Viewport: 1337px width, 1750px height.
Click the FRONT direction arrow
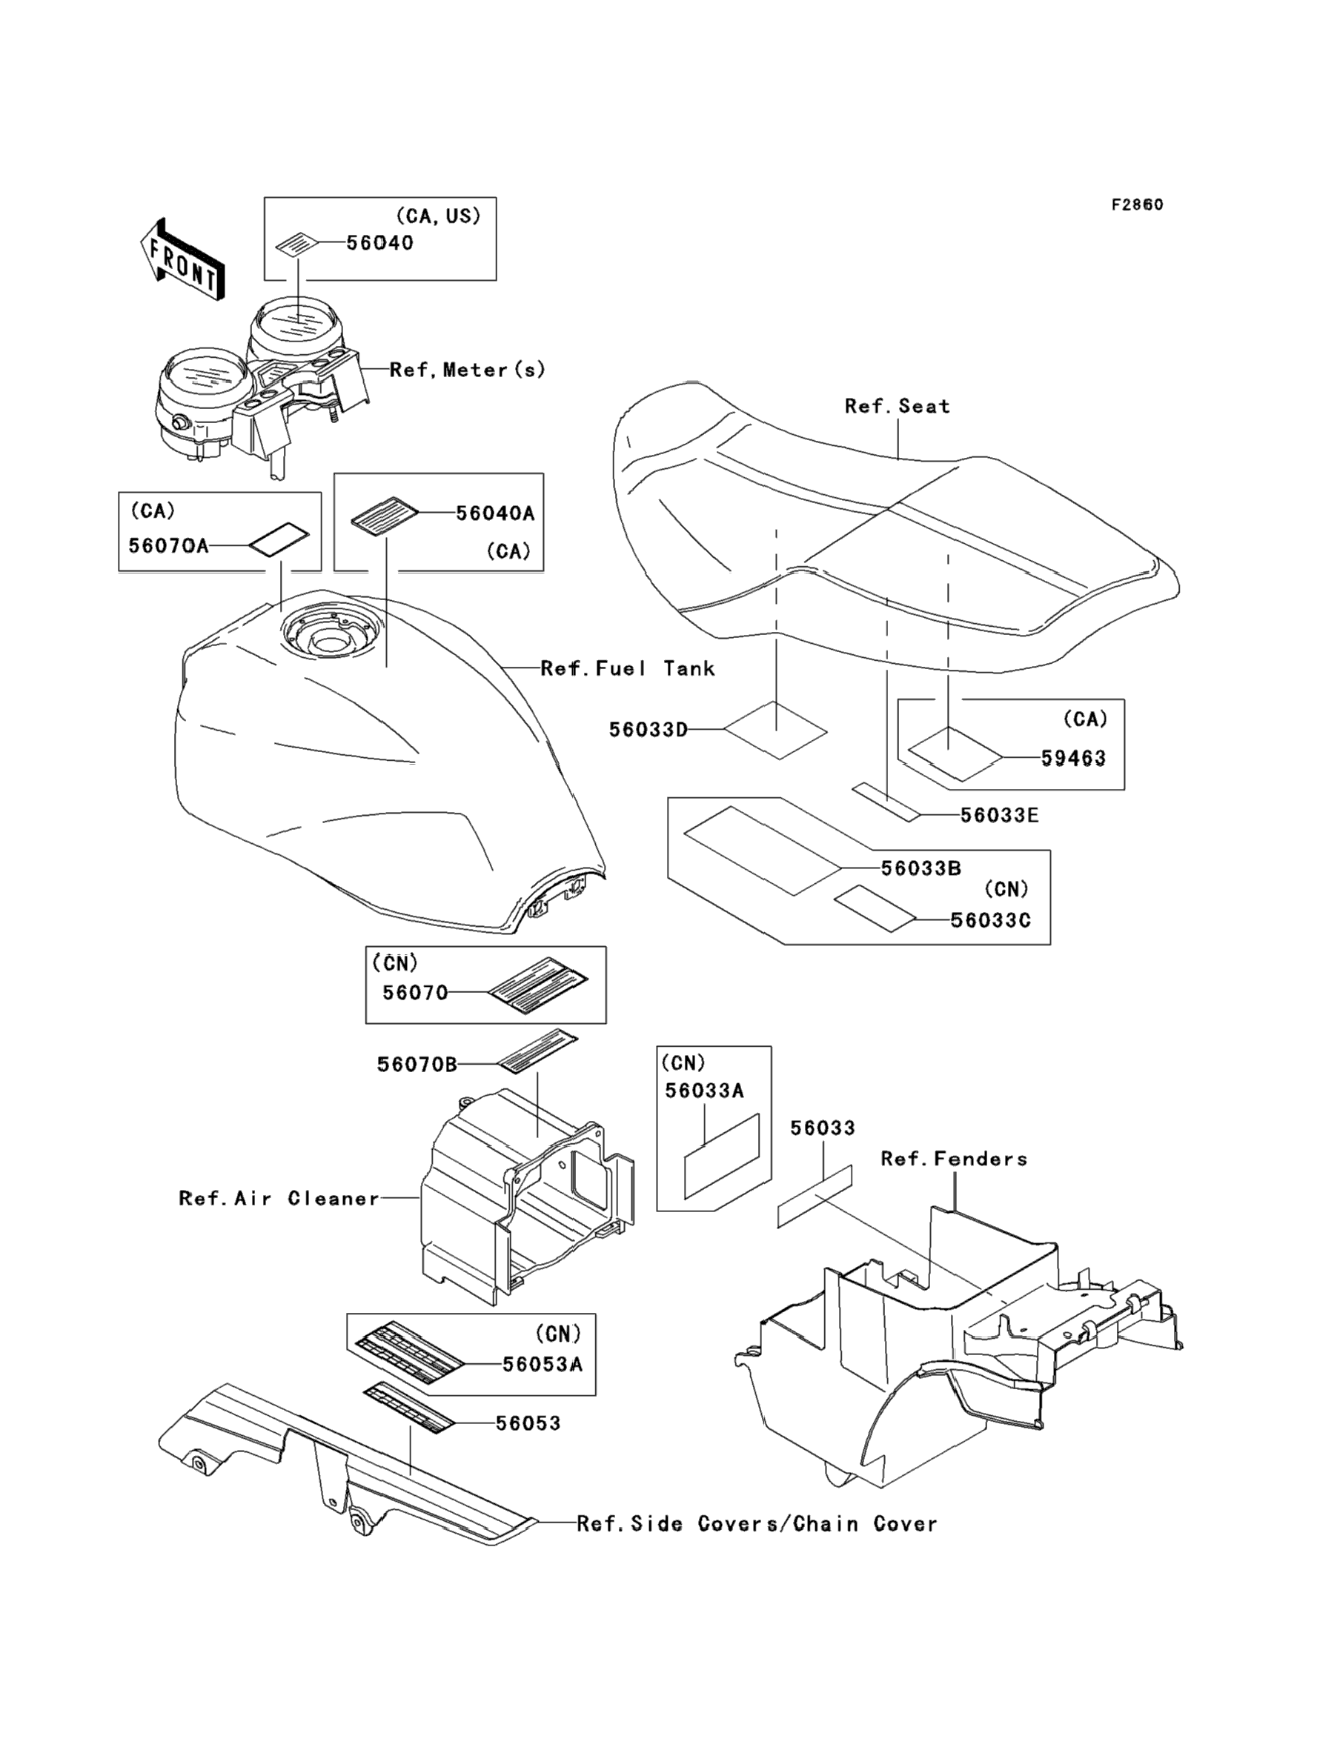pos(182,259)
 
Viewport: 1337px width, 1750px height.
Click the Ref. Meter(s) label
pos(468,369)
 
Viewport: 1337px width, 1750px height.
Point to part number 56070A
pos(168,546)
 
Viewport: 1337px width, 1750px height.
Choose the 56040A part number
pos(495,514)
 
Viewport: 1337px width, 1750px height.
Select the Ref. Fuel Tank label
pos(628,668)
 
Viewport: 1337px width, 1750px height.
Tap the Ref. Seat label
pos(898,407)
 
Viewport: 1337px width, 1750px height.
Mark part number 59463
pos(1074,758)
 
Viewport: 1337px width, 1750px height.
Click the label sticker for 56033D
pos(776,730)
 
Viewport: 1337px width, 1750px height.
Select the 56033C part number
pos(991,920)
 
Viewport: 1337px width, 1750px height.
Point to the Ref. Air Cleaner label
pos(279,1199)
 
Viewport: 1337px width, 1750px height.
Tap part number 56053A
pos(543,1365)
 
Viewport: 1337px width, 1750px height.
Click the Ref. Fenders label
pos(954,1159)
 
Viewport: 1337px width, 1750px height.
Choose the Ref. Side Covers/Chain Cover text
pos(757,1524)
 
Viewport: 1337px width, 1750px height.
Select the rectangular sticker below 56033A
pos(722,1155)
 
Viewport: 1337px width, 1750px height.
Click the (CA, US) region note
pos(439,216)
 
